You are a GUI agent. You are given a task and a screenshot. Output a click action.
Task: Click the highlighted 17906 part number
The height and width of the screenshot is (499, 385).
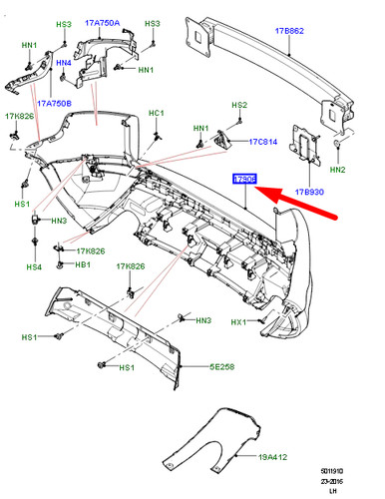[x=244, y=179]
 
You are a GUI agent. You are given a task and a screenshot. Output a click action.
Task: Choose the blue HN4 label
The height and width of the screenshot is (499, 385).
[x=64, y=64]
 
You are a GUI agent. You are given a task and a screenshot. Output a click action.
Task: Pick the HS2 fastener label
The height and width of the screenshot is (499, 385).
[x=238, y=105]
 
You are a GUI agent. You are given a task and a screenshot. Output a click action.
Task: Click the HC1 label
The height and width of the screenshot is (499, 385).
[x=157, y=113]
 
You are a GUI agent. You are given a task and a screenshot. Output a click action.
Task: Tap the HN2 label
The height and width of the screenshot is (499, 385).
[x=337, y=171]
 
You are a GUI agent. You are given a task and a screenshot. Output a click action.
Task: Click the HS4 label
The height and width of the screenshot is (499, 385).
[x=34, y=266]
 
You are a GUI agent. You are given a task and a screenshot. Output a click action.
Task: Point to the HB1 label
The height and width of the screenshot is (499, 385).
[x=85, y=266]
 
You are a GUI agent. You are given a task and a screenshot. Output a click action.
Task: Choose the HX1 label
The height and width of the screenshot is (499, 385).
[x=237, y=322]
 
